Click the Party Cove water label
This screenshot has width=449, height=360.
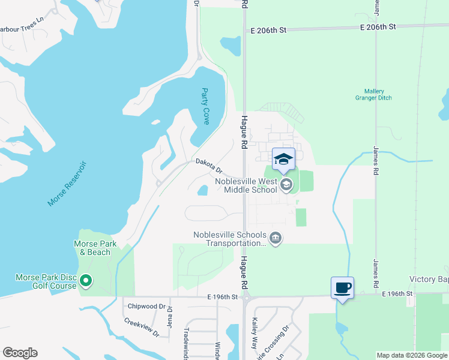(x=205, y=107)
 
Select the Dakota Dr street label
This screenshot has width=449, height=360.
(x=208, y=166)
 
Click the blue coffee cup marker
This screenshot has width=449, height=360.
(x=342, y=287)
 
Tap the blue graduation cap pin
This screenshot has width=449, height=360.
(x=283, y=159)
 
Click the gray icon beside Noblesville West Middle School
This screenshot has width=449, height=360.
(x=286, y=185)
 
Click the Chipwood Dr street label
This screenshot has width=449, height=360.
(x=146, y=306)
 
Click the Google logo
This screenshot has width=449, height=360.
(x=19, y=353)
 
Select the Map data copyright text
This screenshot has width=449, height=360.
(x=412, y=355)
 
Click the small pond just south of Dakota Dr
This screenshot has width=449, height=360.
(x=203, y=191)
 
